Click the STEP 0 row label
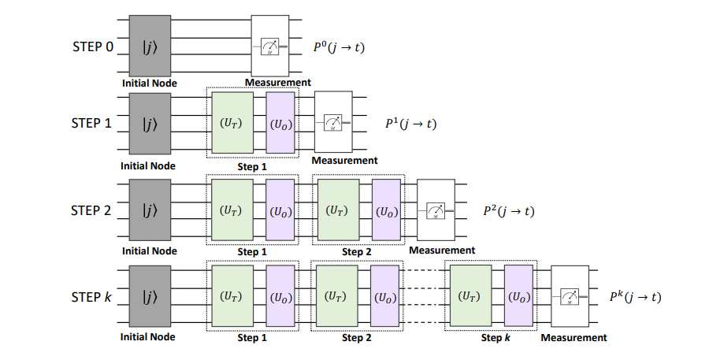(93, 47)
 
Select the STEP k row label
(93, 298)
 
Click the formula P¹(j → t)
(410, 124)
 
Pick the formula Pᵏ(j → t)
(635, 297)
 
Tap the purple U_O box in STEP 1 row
(280, 124)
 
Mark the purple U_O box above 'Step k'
(519, 297)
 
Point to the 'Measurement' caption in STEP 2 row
(442, 251)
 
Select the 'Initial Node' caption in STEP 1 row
(148, 166)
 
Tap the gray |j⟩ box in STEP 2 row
(149, 210)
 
